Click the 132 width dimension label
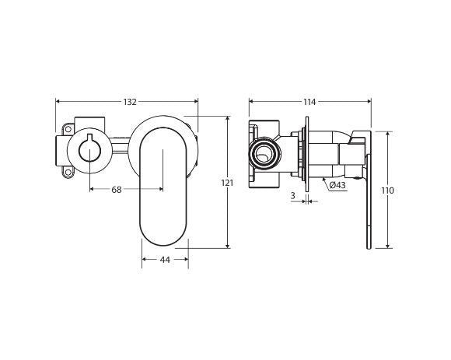click(130, 102)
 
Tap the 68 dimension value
click(117, 190)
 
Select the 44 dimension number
click(165, 260)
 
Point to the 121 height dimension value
click(227, 183)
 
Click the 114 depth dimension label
click(309, 102)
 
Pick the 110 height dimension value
click(387, 190)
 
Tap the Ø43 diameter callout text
click(337, 185)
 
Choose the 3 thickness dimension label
click(292, 196)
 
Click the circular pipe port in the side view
click(266, 153)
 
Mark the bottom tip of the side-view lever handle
click(369, 247)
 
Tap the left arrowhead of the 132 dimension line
click(58, 102)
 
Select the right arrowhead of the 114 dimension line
click(369, 102)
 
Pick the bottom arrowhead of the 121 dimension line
click(227, 246)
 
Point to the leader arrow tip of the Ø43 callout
click(323, 178)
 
